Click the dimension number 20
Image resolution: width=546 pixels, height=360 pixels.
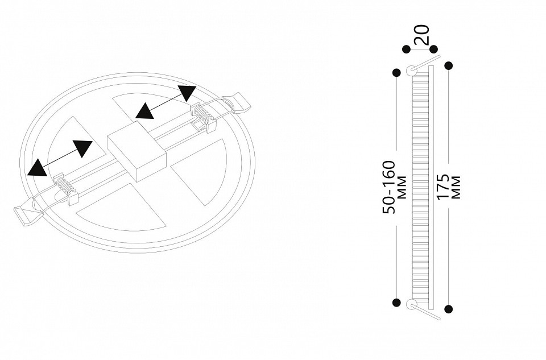(x=422, y=35)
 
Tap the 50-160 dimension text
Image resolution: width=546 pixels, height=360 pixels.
(x=389, y=187)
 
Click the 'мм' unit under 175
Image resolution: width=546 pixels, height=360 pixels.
(x=456, y=187)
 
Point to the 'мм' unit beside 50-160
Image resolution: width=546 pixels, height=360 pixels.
(x=402, y=187)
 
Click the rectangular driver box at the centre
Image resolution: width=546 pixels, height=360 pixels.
(x=137, y=151)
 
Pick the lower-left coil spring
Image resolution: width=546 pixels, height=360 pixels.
(x=65, y=187)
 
